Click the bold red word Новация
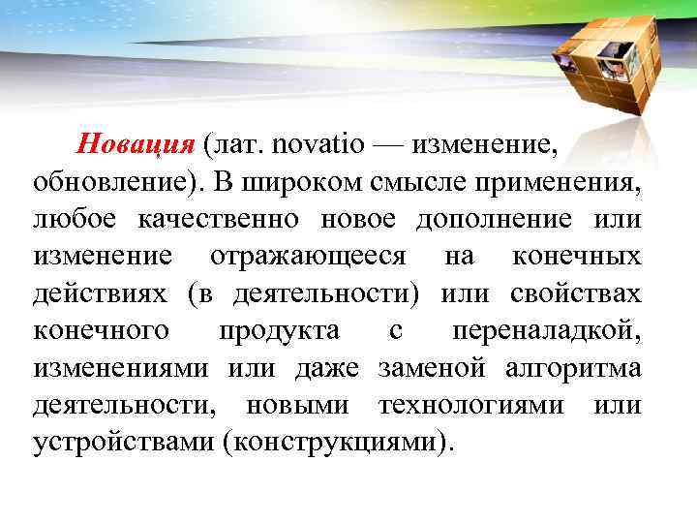click(x=136, y=145)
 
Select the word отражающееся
click(x=308, y=257)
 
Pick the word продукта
click(x=279, y=331)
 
